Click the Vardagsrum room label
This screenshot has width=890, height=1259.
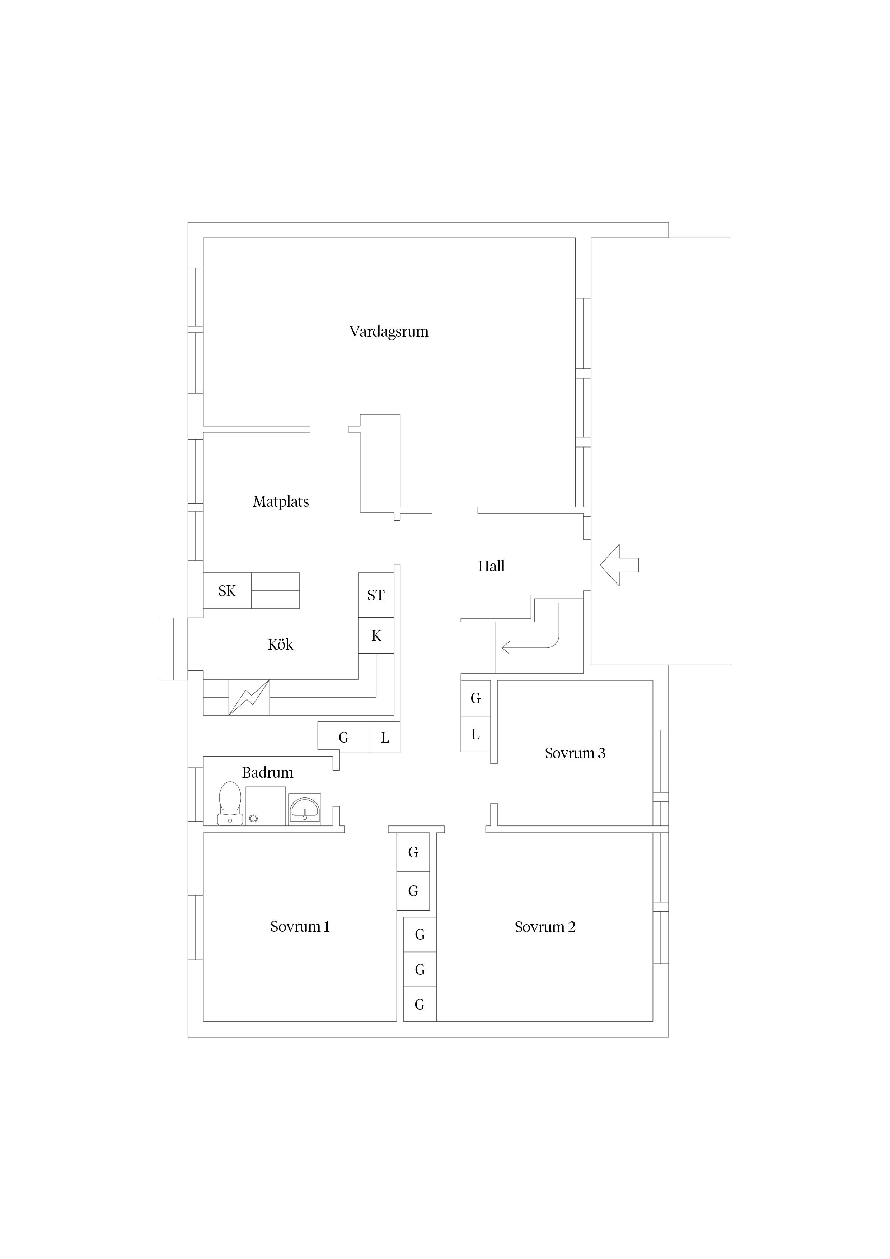[389, 332]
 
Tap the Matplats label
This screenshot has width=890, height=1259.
[281, 502]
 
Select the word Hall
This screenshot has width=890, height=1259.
[491, 566]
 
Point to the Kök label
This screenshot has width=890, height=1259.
[280, 644]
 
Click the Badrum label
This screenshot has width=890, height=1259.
[268, 773]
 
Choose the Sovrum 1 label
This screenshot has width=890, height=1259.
[300, 927]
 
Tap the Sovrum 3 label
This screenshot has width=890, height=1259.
[575, 753]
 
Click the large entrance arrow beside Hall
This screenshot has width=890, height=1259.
[619, 565]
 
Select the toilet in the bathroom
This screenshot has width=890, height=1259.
[230, 803]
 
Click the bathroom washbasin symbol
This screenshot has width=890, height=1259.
[304, 809]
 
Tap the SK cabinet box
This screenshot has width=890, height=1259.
[228, 591]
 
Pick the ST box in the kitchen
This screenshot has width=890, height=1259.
[376, 595]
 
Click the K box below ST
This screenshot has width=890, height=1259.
[376, 636]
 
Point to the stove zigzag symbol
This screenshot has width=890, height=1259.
[249, 697]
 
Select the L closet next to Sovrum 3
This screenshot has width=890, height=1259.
[476, 734]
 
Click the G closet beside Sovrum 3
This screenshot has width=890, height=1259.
[476, 698]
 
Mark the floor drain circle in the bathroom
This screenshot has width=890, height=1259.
[253, 819]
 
